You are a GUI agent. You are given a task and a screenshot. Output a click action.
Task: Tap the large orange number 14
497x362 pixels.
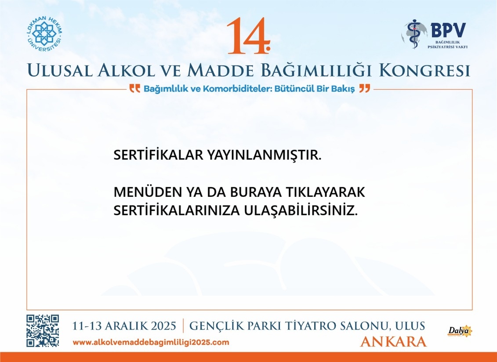point(249,36)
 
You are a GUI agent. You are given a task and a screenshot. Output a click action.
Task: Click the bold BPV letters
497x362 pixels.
point(448,30)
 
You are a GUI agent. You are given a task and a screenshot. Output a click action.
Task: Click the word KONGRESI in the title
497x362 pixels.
point(424,70)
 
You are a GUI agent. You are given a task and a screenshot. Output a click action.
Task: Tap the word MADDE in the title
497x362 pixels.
point(221,70)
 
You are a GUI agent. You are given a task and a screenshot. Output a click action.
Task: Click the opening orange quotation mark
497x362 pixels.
point(135,88)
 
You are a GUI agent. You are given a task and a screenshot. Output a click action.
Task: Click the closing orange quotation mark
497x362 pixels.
point(364,88)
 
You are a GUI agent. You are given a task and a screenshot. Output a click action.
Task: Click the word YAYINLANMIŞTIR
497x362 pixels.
point(264,155)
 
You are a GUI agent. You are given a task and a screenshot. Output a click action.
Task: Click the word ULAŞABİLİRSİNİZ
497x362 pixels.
point(301,210)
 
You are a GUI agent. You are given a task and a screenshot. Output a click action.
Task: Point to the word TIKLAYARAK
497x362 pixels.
point(326,192)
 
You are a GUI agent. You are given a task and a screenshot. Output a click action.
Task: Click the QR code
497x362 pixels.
point(43,331)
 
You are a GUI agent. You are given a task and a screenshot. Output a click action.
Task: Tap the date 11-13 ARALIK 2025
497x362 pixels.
point(124,326)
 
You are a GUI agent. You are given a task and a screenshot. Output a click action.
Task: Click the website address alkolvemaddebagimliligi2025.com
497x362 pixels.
point(151,342)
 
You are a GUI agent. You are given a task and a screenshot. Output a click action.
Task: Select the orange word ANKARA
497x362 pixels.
point(393,342)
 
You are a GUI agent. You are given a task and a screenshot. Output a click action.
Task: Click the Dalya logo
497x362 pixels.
point(460,331)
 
